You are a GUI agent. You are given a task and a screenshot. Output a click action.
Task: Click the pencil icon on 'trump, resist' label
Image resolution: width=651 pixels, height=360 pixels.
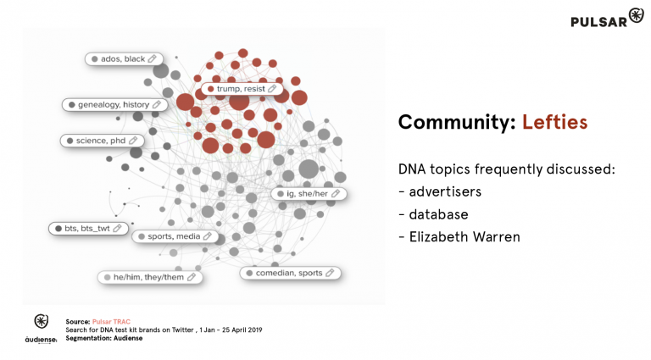coord(272,88)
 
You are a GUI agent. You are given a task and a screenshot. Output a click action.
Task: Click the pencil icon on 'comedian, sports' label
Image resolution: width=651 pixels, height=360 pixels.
coord(331,273)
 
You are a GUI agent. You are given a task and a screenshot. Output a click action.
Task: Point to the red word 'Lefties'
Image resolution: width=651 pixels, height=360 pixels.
coord(554,122)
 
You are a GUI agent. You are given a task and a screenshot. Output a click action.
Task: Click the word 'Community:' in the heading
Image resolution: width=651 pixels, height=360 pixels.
coord(456,122)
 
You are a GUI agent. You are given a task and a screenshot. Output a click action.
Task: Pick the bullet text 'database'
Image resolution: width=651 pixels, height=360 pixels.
coord(439,214)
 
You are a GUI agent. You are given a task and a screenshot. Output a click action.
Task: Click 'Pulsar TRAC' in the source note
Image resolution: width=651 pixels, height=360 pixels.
coord(110,322)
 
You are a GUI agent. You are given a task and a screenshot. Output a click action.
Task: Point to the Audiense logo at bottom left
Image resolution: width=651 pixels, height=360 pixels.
coord(41,329)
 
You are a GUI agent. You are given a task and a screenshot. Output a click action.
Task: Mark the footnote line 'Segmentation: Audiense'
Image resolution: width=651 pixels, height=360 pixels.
coord(104,338)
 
